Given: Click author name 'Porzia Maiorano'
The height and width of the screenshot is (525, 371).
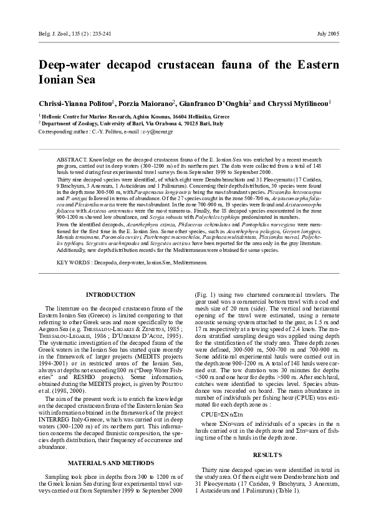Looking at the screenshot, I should (x=148, y=103).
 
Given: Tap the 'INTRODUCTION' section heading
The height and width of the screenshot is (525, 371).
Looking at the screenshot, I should (x=110, y=294).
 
